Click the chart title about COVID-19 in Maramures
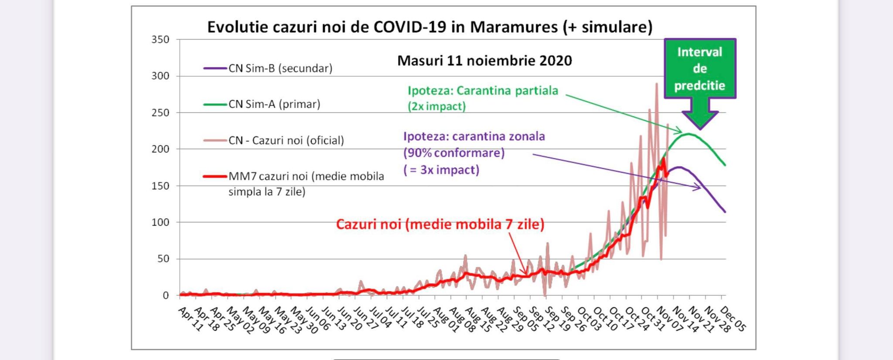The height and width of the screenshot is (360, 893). click(429, 27)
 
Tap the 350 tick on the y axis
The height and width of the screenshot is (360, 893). click(160, 40)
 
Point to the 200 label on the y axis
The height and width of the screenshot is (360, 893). click(160, 149)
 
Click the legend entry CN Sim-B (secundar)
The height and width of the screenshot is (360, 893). click(280, 68)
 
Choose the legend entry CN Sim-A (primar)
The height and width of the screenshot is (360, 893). click(274, 105)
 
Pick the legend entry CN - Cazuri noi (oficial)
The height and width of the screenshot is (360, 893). click(286, 141)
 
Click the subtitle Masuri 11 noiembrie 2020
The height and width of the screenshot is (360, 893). click(484, 61)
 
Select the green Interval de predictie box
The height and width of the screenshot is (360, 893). click(700, 68)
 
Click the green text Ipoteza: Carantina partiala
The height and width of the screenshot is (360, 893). click(483, 91)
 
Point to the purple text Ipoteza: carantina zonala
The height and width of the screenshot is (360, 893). click(474, 136)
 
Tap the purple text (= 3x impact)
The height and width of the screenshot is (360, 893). click(441, 170)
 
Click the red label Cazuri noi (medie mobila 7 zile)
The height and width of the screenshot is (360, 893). click(440, 224)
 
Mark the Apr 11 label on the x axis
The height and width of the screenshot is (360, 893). click(191, 319)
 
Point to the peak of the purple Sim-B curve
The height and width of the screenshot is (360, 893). click(679, 167)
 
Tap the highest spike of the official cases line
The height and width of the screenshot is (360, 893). click(657, 83)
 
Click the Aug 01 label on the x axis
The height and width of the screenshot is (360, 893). click(446, 319)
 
